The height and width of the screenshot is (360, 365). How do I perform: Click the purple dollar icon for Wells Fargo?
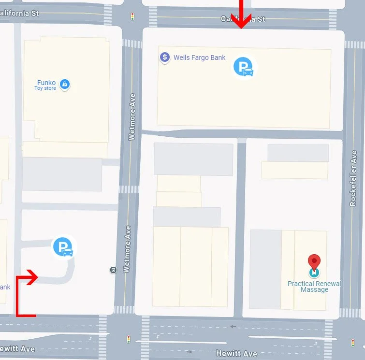165,58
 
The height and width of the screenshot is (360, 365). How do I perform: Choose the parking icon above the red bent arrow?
63,247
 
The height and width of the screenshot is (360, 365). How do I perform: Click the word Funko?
46,83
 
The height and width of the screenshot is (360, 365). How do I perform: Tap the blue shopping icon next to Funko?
65,85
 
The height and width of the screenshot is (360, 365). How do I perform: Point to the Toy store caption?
45,88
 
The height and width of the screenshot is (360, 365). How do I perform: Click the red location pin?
314,263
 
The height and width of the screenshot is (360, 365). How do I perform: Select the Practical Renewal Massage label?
314,287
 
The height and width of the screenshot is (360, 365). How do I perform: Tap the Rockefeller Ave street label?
353,178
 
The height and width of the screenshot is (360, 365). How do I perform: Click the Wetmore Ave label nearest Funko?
131,117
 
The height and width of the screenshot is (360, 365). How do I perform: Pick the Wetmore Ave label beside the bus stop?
128,249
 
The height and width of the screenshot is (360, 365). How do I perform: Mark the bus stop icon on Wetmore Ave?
113,270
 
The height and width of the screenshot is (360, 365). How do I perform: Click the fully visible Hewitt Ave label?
236,354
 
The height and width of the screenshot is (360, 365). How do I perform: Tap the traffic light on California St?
132,17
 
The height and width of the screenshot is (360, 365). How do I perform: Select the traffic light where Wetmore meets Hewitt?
128,339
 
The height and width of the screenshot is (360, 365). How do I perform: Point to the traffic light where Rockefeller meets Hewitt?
352,343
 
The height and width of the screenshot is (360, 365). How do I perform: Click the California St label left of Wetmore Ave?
19,13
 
